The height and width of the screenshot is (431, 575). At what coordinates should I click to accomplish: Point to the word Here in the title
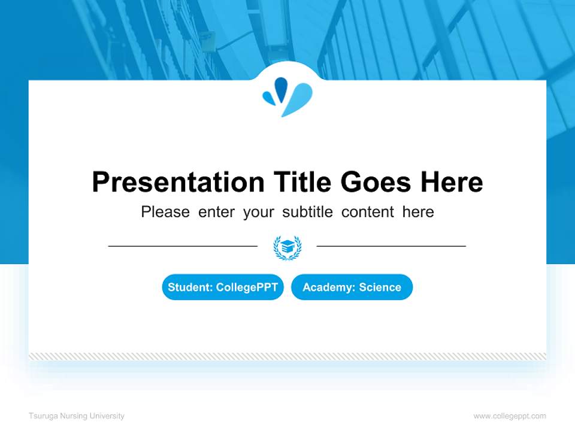(x=450, y=182)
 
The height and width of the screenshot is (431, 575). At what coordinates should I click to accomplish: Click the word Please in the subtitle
(x=165, y=212)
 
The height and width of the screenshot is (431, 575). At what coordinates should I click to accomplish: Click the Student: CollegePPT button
(x=223, y=287)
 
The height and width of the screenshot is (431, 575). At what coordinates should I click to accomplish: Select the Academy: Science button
(x=352, y=287)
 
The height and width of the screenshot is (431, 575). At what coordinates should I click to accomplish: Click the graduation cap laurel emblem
(x=287, y=247)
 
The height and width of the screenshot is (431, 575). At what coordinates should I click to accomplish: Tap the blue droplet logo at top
(x=287, y=96)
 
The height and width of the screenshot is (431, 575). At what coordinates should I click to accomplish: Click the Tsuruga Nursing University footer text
(x=77, y=416)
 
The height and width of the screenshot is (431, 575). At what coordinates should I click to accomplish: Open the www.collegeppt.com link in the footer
(x=510, y=416)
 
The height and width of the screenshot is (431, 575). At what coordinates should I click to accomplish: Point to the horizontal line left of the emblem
(x=183, y=245)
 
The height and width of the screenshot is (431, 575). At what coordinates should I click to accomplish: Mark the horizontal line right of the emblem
(x=391, y=245)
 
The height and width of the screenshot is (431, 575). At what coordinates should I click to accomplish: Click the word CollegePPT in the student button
(x=247, y=287)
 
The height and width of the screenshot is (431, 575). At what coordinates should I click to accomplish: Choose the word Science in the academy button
(x=380, y=287)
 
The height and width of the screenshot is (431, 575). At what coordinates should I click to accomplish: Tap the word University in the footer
(x=108, y=416)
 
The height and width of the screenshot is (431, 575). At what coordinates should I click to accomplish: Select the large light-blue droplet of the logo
(x=298, y=99)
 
